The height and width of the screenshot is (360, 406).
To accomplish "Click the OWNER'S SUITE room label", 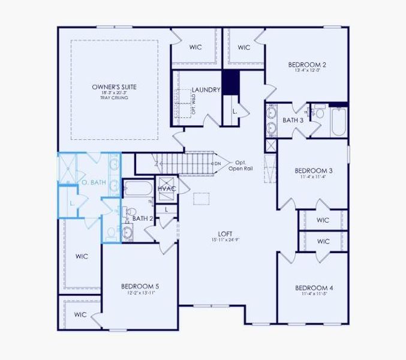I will click(x=114, y=88).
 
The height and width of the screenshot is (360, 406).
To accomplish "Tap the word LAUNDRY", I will click(x=206, y=90).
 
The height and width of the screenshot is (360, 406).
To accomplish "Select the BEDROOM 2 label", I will click(x=307, y=65).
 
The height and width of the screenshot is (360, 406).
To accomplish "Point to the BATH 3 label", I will click(x=293, y=120).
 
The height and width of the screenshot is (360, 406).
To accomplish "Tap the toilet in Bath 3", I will click(x=318, y=112).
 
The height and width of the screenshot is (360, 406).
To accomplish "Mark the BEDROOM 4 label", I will click(x=315, y=288).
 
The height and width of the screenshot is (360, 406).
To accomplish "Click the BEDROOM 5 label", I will click(x=140, y=286).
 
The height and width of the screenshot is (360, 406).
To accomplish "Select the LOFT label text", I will click(x=225, y=234).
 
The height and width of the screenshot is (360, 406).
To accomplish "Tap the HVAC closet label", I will click(x=166, y=189).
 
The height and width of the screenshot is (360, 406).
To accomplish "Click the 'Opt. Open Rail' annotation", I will click(x=240, y=166).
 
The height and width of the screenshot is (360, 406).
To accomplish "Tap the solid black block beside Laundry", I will click(x=231, y=81).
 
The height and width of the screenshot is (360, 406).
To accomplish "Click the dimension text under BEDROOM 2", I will click(x=307, y=71).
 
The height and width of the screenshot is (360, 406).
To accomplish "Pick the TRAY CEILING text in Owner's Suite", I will click(x=114, y=98).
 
